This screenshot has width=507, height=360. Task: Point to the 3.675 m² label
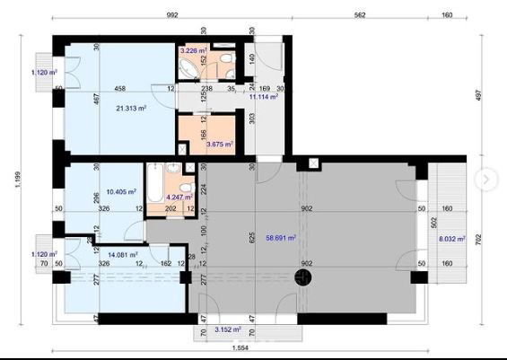pos(220,143)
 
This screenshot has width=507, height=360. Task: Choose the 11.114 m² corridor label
pos(262,97)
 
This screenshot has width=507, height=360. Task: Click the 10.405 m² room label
pos(120,191)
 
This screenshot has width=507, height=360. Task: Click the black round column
pos(307,279)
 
